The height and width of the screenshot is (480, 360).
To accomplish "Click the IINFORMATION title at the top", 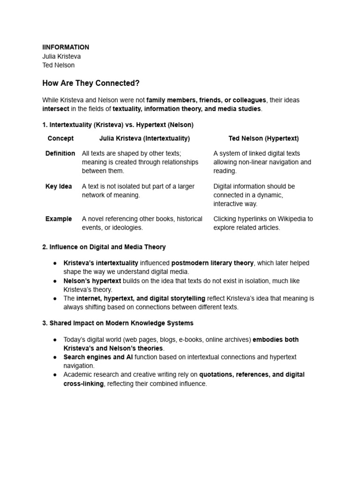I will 66,47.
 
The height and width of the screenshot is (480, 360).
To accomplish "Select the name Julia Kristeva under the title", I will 61,56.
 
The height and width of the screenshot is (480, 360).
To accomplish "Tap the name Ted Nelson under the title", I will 58,65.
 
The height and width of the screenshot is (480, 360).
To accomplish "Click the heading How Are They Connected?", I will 91,83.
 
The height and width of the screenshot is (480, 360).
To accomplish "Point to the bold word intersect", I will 56,109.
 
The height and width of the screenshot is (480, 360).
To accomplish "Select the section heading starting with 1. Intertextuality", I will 118,125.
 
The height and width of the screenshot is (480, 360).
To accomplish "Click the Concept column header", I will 60,138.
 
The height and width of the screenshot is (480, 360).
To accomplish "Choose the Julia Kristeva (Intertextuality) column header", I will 144,138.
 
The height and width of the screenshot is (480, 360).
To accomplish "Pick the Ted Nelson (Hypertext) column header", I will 263,138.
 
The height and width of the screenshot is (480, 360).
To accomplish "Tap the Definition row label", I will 60,153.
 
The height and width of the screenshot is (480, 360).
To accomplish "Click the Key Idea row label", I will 59,186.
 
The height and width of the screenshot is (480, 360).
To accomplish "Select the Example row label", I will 59,218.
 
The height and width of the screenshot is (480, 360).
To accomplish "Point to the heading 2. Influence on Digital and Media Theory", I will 104,247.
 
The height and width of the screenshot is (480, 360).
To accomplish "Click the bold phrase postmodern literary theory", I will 212,263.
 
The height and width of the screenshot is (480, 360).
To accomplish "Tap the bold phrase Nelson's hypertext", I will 92,281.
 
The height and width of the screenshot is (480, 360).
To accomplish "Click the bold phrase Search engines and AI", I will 98,357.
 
